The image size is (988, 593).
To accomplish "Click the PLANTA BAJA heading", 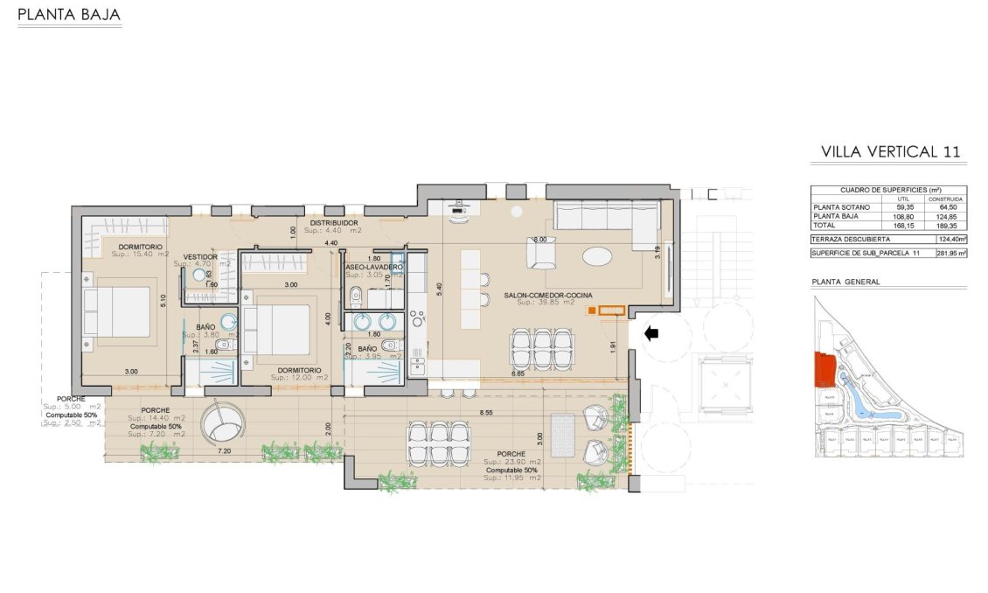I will click(68, 16).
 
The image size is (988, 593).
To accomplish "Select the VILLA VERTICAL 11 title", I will click(891, 151).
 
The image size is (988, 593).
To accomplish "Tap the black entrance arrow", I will click(652, 332).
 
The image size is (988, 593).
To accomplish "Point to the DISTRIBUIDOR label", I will click(336, 224).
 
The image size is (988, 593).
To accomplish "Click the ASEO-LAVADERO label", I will click(374, 267).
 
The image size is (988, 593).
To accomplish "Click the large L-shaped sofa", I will click(603, 216).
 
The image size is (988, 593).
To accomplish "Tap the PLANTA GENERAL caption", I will click(845, 282).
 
